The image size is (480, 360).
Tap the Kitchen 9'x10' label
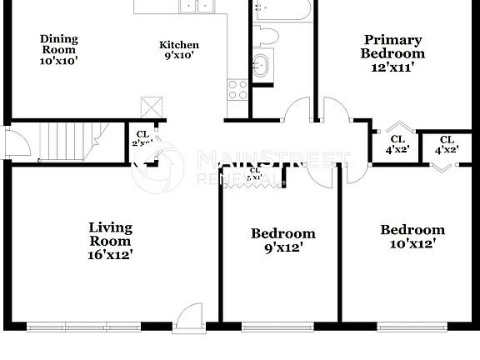coord(180,50)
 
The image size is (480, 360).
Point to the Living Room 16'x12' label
coord(112,240)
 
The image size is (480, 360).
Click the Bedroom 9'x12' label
coord(282,240)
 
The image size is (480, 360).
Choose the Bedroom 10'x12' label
coord(412,237)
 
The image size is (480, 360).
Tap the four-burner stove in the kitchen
coord(237,89)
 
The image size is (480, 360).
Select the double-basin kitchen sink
coord(198,7)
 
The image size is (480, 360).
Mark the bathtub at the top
coord(282,9)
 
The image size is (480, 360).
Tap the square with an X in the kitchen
coord(152,107)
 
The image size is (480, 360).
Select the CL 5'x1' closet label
coord(254,173)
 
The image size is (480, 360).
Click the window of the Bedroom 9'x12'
coord(279,322)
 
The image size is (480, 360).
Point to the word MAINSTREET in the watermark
coord(272,157)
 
